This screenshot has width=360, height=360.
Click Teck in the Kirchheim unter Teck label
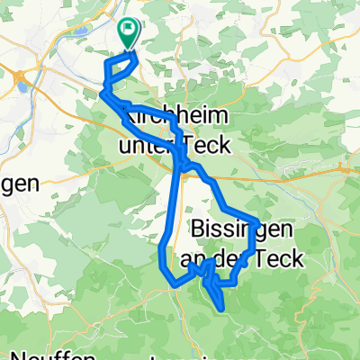pyautogui.click(x=205, y=144)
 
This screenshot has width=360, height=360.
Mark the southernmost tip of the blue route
pyautogui.click(x=222, y=310)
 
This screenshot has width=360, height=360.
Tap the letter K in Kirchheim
pyautogui.click(x=129, y=118)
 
